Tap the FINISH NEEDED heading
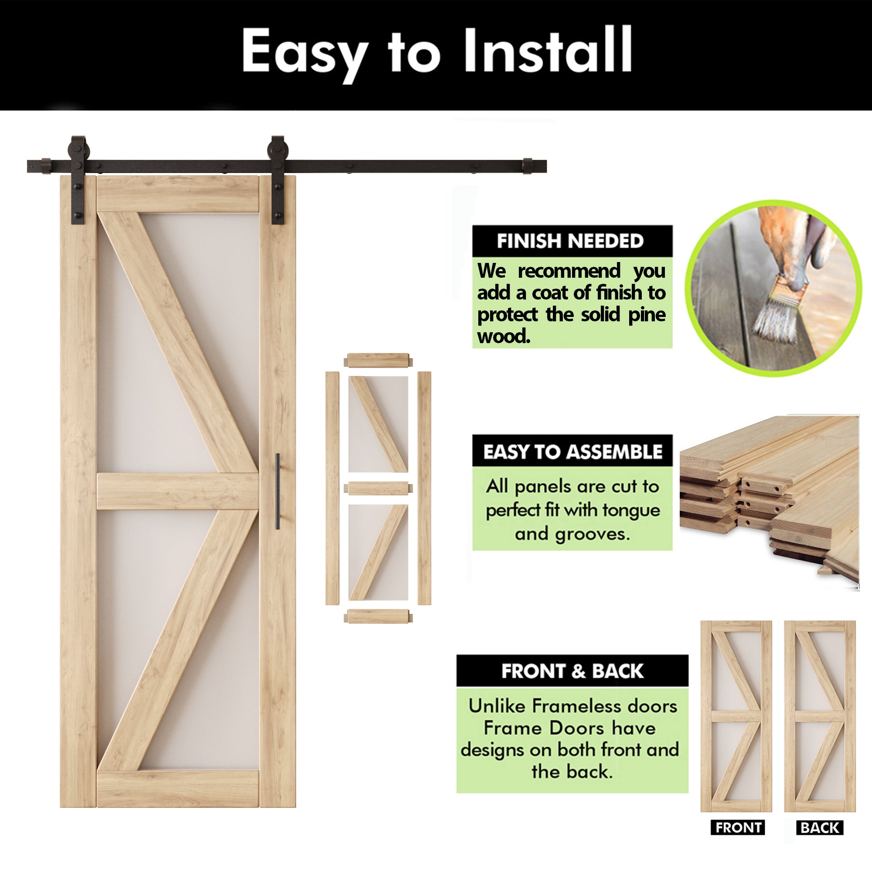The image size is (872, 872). click(x=570, y=241)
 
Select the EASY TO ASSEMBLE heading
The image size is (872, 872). click(x=572, y=451)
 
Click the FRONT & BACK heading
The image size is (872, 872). click(x=572, y=671)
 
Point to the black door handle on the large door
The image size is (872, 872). click(x=278, y=491)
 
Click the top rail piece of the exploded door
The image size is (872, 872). click(x=378, y=361)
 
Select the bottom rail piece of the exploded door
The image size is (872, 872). click(x=378, y=616)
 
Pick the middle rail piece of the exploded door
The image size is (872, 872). click(x=378, y=488)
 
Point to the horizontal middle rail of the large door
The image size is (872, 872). click(x=177, y=491)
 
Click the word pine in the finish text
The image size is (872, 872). click(x=647, y=315)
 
